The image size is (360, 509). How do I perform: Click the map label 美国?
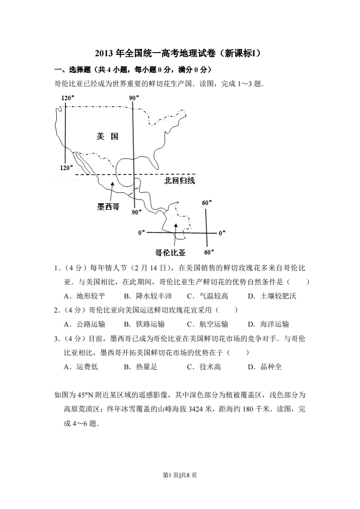[x=108, y=136]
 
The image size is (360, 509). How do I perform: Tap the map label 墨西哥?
[x=108, y=206]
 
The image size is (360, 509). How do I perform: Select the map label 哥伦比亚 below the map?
[x=170, y=253]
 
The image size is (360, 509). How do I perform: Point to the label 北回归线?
[x=179, y=181]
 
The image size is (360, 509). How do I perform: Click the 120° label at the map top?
[x=67, y=98]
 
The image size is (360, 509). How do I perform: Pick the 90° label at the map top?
[x=133, y=98]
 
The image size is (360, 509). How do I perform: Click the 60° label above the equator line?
[x=207, y=203]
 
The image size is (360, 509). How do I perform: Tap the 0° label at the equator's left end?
[x=142, y=233]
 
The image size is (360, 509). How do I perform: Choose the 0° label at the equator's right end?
[x=222, y=233]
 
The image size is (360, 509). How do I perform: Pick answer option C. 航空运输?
[x=207, y=324]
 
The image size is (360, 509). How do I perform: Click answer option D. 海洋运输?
[x=268, y=324]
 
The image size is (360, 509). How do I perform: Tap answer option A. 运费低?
[x=81, y=367]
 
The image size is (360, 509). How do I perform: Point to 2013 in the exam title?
[x=104, y=54]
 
